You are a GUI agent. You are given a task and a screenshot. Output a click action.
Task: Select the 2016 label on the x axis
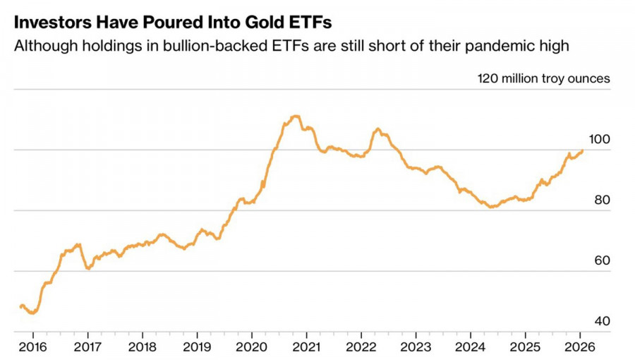coord(32,347)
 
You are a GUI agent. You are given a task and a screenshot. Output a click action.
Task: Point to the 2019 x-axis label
coord(197,347)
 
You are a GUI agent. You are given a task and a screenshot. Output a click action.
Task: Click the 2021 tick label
coord(306,347)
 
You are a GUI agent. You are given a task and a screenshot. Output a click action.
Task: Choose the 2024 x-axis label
coord(471,347)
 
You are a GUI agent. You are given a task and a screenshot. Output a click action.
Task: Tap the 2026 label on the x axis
coord(580,347)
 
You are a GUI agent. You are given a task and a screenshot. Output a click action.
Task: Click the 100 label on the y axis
coord(599,140)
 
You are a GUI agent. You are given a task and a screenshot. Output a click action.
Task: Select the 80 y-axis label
coord(602,200)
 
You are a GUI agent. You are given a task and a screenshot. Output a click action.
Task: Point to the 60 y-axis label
coord(602,261)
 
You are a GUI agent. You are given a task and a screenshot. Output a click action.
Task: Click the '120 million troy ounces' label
coord(544,78)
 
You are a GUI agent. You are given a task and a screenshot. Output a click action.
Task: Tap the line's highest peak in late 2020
coord(296,116)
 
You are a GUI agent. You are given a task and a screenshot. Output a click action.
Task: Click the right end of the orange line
coord(583,150)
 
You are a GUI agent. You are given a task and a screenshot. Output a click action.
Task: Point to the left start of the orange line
coord(20,306)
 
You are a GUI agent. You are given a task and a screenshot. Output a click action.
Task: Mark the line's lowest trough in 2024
coord(490,207)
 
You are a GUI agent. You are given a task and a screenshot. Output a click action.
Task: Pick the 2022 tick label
coord(361,347)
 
